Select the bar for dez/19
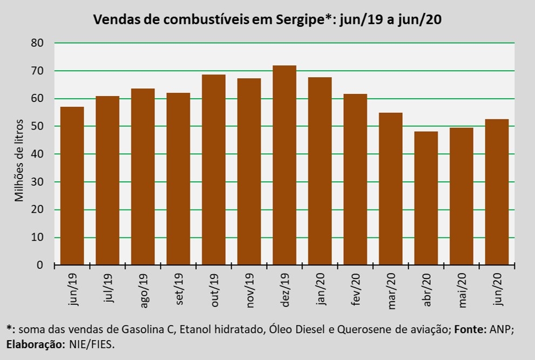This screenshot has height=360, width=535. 285,165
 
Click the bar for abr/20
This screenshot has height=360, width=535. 426,198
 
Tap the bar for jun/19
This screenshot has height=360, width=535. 72,186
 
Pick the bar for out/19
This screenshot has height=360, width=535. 214,169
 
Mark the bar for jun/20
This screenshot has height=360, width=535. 497,192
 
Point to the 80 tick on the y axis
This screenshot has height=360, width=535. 37,43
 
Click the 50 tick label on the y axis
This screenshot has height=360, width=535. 37,126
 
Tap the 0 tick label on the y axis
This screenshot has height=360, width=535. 40,266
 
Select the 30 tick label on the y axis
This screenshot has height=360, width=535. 37,182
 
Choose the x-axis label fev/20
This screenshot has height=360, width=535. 356,290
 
